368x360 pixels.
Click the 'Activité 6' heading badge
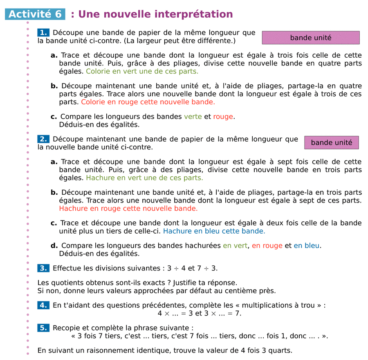pos(35,14)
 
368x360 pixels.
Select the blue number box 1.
pos(43,33)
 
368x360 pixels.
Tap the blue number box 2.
pos(43,139)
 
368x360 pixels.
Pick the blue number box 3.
pos(43,268)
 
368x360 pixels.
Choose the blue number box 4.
pos(43,305)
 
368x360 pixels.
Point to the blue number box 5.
pos(43,328)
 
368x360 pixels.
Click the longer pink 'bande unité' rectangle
pos(310,38)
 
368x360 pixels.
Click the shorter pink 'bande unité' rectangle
pos(331,143)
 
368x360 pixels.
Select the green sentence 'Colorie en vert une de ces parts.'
pos(142,71)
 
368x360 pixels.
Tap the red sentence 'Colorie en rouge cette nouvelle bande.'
pos(148,102)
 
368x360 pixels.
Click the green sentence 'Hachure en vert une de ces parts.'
pos(144,178)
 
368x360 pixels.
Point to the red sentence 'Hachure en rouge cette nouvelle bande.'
pos(128,208)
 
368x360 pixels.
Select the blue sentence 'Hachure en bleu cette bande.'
pos(214,231)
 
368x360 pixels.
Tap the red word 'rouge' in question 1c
pos(223,117)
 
